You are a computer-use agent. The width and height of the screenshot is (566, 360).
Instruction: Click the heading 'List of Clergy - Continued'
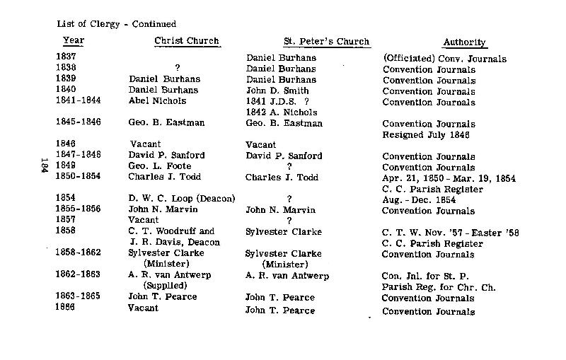click(117, 25)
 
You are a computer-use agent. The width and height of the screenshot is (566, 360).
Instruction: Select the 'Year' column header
click(74, 41)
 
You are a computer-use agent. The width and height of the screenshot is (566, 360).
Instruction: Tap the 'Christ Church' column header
click(187, 41)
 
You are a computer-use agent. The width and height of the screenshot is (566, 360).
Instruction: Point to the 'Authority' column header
click(464, 42)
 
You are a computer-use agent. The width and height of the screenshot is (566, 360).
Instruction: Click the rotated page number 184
click(44, 167)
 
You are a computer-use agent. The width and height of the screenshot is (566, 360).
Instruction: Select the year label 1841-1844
click(78, 101)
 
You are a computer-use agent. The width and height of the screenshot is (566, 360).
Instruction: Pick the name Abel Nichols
click(157, 101)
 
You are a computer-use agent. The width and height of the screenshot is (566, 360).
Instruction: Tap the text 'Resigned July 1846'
click(425, 134)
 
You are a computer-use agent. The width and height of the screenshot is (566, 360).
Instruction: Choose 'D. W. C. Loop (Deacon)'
click(182, 199)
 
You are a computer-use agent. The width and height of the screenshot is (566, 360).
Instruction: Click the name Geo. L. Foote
click(159, 167)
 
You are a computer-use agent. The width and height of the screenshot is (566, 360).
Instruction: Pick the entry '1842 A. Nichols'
click(281, 112)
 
